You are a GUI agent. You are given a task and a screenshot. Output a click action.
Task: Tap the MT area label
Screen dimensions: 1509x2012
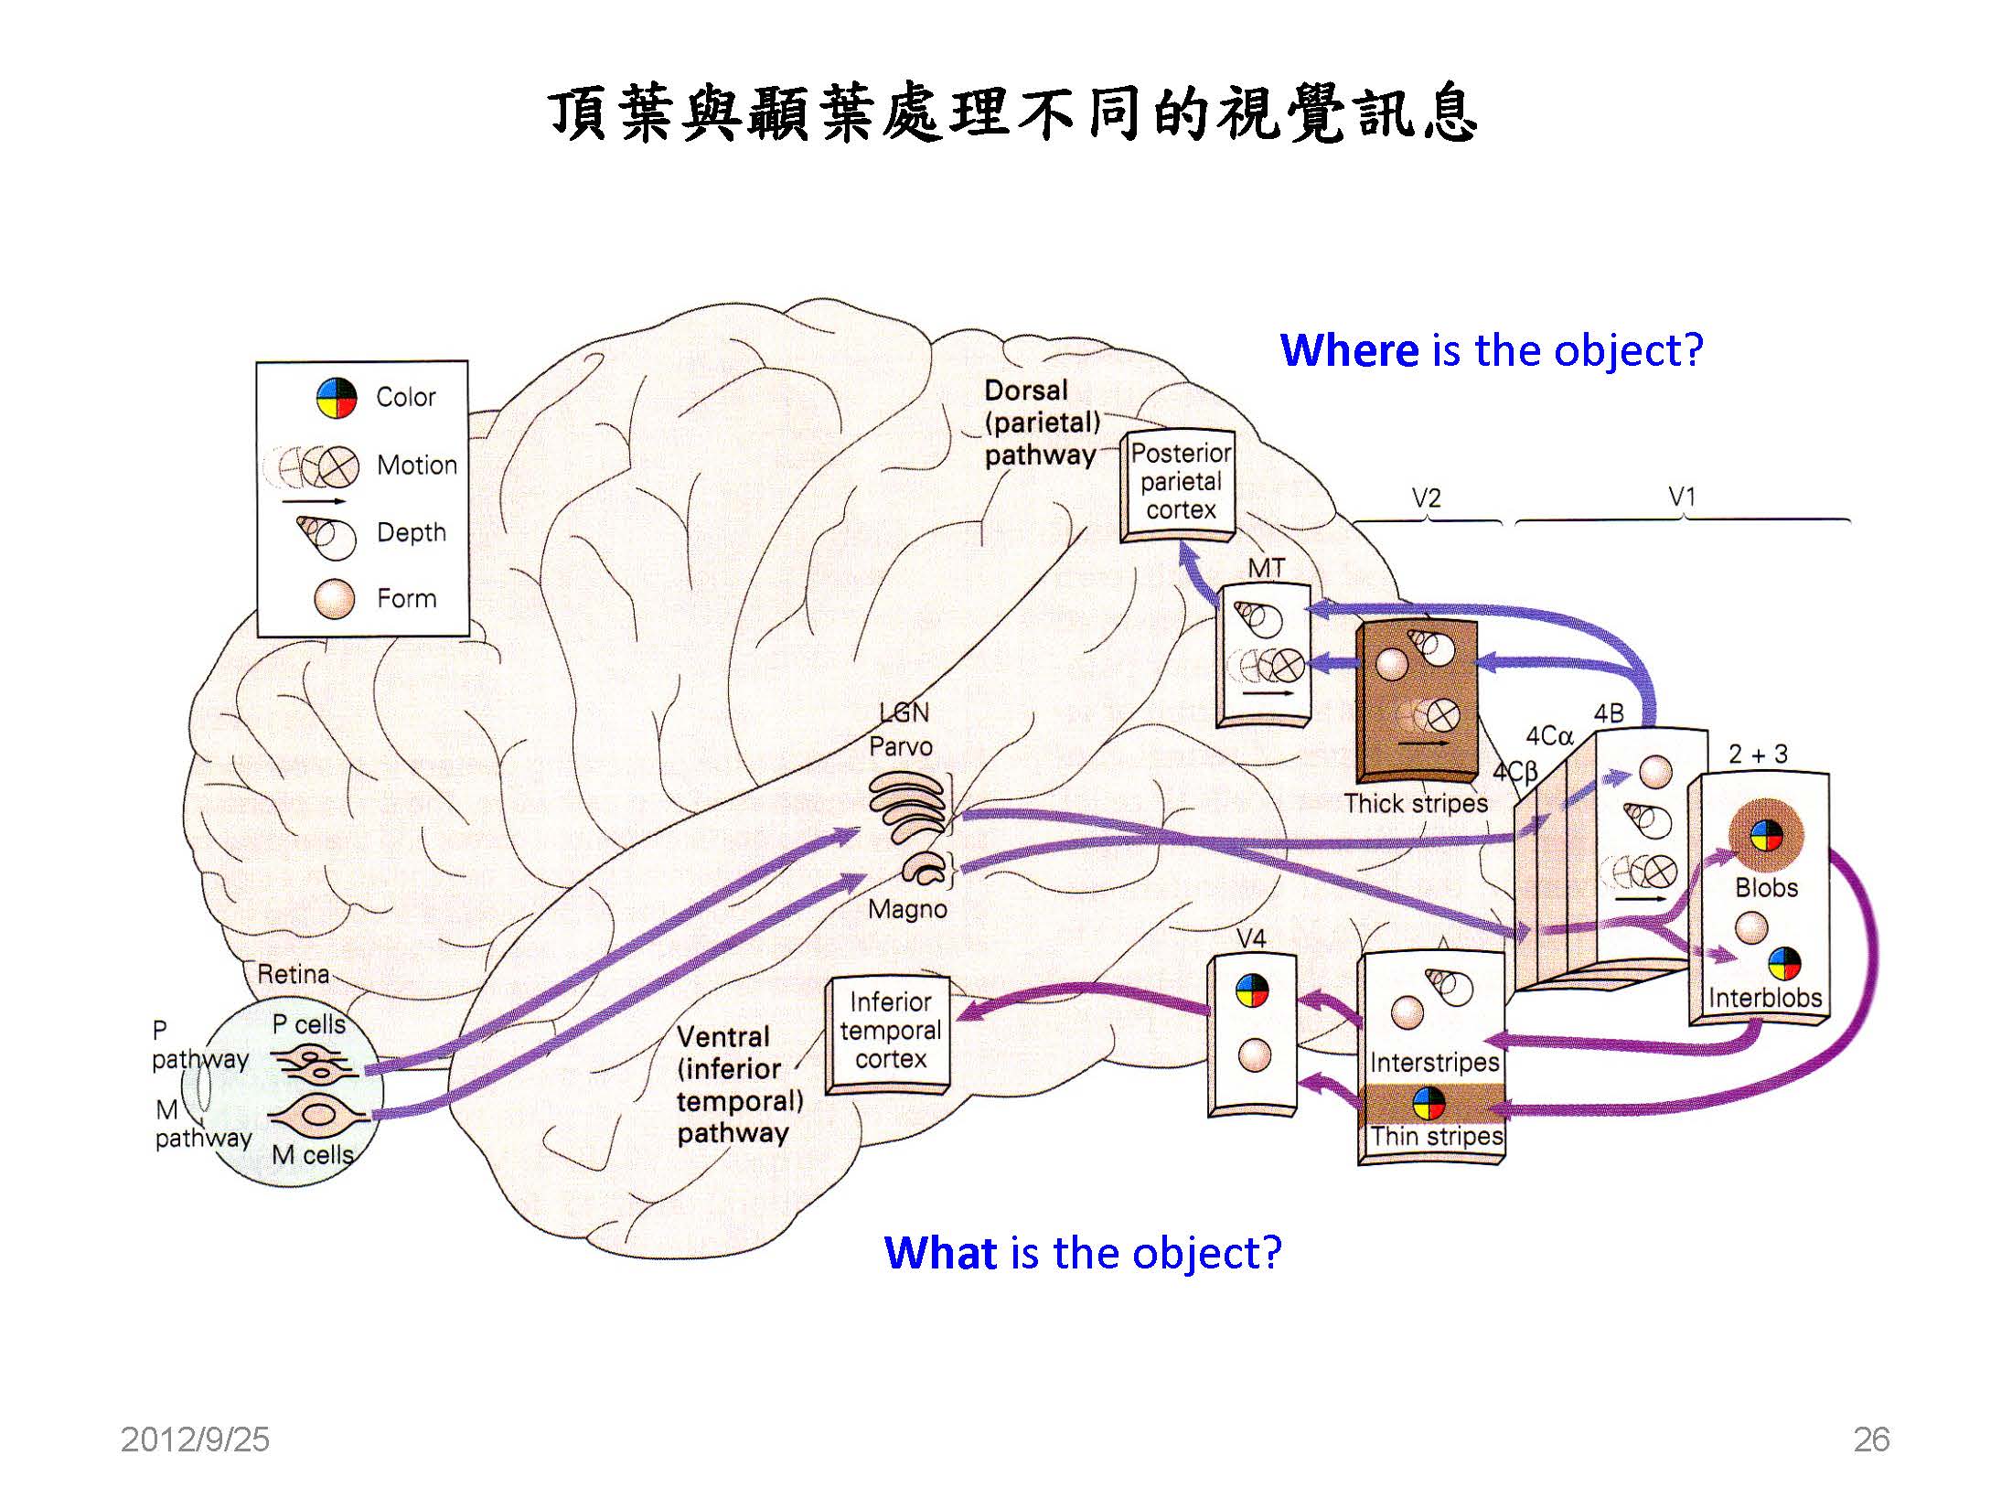1266,568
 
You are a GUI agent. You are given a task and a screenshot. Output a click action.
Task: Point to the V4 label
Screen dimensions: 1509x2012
1250,938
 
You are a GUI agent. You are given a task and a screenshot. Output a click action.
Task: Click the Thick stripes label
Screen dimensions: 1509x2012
1416,804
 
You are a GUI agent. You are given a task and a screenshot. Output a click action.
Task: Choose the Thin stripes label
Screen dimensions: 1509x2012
1436,1136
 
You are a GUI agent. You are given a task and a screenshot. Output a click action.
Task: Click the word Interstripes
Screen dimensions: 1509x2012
1434,1063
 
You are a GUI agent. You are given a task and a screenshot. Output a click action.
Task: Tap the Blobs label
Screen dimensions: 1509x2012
1766,888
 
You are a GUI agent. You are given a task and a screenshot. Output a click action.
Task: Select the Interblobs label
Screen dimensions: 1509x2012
1765,998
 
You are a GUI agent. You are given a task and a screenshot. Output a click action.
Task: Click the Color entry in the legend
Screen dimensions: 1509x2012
405,397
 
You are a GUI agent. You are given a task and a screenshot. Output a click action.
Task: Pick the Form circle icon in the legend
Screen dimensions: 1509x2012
334,599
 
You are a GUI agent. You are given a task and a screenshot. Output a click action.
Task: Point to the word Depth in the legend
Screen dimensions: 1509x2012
412,532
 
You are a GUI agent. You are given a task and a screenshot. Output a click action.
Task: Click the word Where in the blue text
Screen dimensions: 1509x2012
1349,350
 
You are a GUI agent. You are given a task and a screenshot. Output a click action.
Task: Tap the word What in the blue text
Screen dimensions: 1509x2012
941,1253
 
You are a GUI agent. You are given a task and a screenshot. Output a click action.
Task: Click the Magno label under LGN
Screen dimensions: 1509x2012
907,909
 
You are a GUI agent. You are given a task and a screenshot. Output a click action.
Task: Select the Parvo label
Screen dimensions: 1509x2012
901,746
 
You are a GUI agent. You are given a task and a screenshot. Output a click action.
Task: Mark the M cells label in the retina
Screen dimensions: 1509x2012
312,1155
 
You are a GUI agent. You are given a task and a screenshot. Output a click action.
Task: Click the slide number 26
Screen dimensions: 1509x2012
1871,1439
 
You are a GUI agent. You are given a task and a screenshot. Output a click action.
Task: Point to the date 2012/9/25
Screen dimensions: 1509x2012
195,1439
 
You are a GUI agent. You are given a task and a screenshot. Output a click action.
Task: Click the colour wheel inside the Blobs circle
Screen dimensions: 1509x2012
1766,835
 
